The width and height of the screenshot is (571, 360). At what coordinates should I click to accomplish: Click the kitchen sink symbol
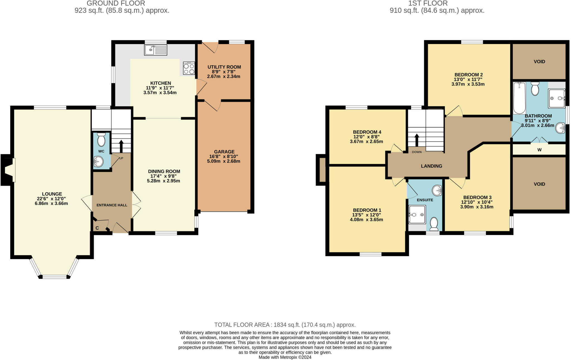pos(156,50)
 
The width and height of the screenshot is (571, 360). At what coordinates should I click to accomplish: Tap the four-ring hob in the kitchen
pos(189,68)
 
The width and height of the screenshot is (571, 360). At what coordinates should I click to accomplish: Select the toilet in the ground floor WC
pos(101,139)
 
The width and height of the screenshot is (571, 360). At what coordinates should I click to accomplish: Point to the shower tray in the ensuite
pos(417,214)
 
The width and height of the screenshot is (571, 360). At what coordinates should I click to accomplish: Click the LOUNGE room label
pos(52,194)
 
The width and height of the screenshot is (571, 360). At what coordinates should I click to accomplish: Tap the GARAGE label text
pos(224,152)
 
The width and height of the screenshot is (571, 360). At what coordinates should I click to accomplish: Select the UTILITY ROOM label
pos(224,67)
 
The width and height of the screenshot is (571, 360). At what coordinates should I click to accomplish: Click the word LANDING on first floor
pos(431,166)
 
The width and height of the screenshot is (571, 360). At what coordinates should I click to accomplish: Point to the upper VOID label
pos(539,61)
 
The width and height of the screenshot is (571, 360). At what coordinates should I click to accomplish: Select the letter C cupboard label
pos(97,228)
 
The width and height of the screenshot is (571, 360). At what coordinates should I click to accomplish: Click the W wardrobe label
pos(539,150)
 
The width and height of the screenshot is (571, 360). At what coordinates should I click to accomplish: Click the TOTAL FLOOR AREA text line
pos(285,325)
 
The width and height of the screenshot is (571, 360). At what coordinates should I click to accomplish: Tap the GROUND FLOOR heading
pos(116,3)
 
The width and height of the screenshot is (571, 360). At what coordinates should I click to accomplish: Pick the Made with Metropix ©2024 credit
pos(285,357)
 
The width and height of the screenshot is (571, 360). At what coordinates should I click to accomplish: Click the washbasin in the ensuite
pos(437,191)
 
